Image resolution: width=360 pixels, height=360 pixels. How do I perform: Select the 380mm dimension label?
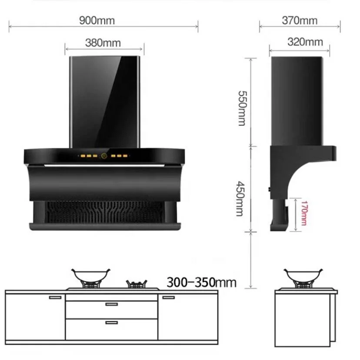pyautogui.click(x=103, y=43)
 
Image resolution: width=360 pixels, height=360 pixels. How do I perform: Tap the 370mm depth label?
pyautogui.click(x=300, y=20)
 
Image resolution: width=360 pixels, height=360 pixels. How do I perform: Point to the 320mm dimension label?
pyautogui.click(x=305, y=42)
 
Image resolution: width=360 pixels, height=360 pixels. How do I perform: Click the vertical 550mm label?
pyautogui.click(x=242, y=108)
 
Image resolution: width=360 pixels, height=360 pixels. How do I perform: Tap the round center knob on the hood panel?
pyautogui.click(x=104, y=156)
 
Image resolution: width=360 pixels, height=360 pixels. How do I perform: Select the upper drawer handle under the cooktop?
pyautogui.click(x=111, y=304)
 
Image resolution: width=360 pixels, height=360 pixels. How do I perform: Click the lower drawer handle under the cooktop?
pyautogui.click(x=111, y=322)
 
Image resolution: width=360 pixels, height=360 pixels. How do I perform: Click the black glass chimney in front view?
pyautogui.click(x=104, y=102)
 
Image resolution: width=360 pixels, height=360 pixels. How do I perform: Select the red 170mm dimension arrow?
pyautogui.click(x=296, y=215)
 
